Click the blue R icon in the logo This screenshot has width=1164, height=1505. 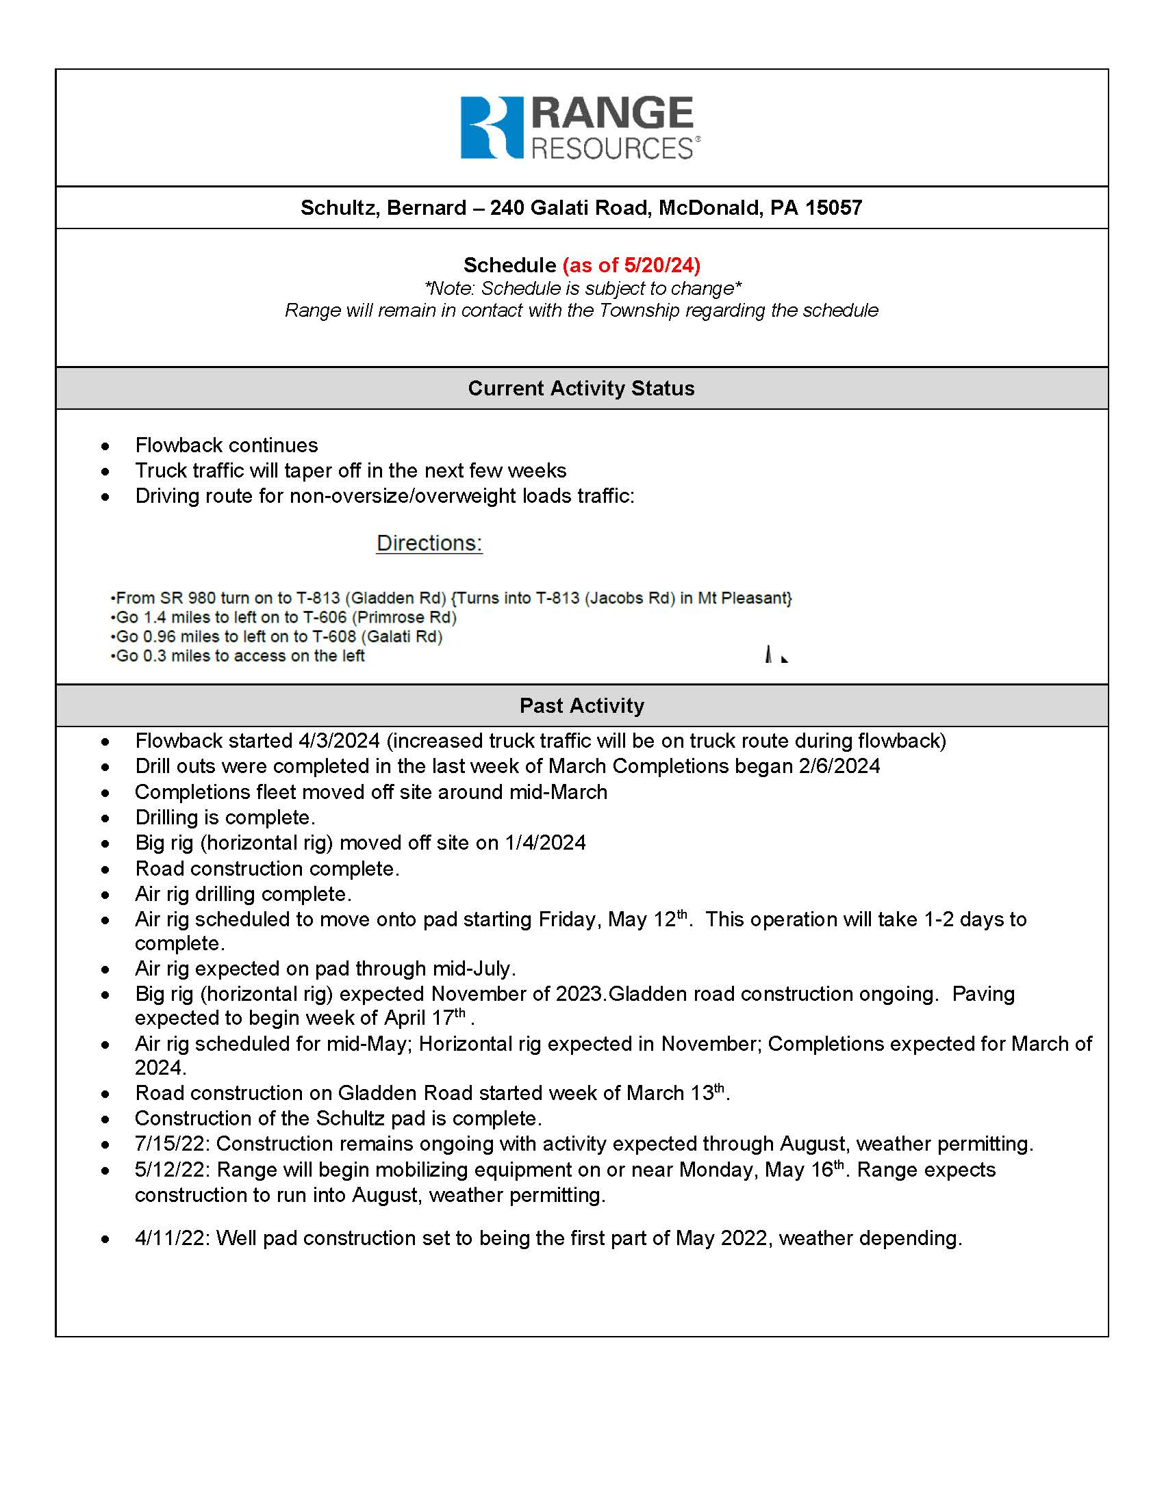492,127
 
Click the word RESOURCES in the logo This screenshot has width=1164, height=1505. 612,149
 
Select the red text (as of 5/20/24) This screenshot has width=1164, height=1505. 631,265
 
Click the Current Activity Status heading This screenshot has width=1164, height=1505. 581,389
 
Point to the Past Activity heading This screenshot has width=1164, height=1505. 581,706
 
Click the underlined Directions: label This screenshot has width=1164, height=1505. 429,543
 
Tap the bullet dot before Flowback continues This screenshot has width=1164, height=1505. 105,447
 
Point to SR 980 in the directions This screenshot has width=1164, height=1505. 188,598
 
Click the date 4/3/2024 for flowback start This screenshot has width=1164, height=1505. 338,741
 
